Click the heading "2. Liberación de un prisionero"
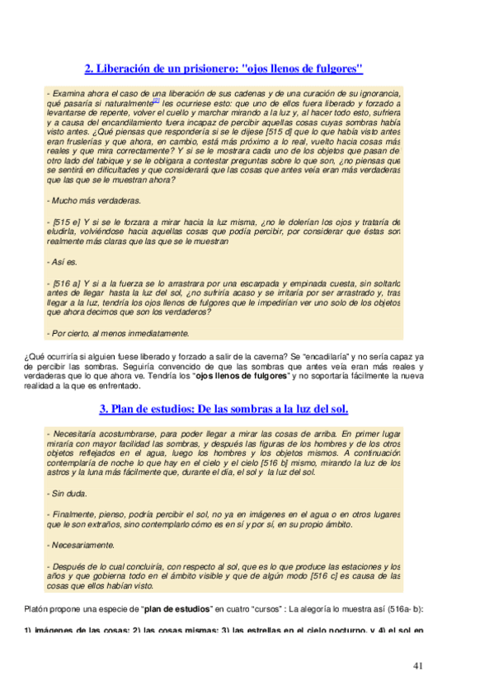click(223, 69)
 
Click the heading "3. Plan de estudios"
click(223, 409)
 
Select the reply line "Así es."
click(64, 262)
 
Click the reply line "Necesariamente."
click(82, 545)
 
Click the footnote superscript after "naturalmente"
click(157, 102)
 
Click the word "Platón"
click(37, 609)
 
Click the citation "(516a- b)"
click(402, 609)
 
